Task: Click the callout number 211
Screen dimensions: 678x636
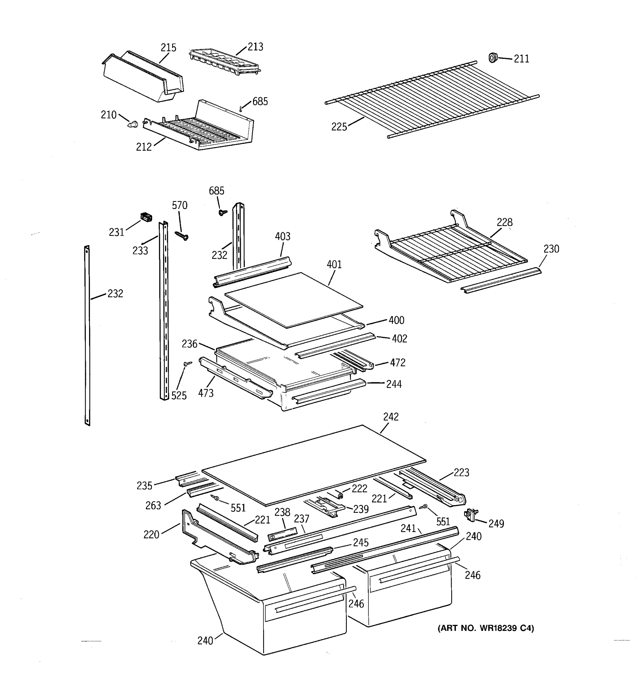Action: [x=521, y=59]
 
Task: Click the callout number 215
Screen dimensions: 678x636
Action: [x=168, y=48]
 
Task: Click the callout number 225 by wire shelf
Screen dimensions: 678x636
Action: [x=339, y=127]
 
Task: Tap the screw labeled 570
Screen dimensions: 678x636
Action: [x=181, y=235]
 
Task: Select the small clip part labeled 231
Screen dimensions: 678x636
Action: [x=146, y=217]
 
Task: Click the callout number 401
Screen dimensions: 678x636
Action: [x=334, y=264]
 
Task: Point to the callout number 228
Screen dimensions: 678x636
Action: [x=504, y=222]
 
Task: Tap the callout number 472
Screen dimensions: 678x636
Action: [x=397, y=362]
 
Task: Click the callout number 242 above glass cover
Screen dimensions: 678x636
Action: [x=391, y=417]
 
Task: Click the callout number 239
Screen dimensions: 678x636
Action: [x=361, y=509]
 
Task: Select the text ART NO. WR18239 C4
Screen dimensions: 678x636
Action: [x=486, y=628]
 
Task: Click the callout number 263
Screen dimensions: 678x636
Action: [x=153, y=505]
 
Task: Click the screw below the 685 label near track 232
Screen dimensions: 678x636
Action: [x=223, y=212]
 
